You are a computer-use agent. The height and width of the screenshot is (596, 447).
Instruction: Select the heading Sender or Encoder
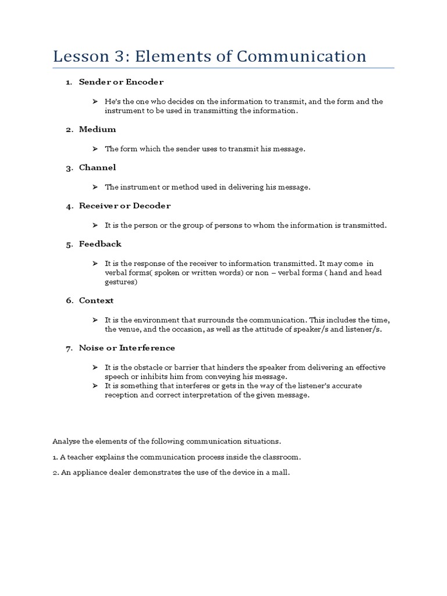pos(121,82)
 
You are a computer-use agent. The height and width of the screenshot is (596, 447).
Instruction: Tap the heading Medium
pos(97,129)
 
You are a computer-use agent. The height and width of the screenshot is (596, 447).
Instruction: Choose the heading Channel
pos(97,168)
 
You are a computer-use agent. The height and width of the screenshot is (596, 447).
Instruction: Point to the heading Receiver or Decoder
pos(125,206)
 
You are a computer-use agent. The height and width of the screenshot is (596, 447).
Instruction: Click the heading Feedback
pos(100,244)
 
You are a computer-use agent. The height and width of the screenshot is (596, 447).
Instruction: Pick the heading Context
pos(96,301)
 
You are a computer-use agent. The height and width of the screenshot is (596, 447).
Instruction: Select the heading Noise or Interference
pos(127,348)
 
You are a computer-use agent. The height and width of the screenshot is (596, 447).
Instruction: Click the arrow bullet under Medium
pos(94,149)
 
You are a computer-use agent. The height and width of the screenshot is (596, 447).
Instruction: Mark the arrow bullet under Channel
pos(94,187)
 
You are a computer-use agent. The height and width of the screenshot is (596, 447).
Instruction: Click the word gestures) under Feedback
pos(121,282)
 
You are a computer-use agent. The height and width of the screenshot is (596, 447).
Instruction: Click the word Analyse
pos(66,442)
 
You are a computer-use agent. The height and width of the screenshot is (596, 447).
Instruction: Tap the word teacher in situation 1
pos(79,457)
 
